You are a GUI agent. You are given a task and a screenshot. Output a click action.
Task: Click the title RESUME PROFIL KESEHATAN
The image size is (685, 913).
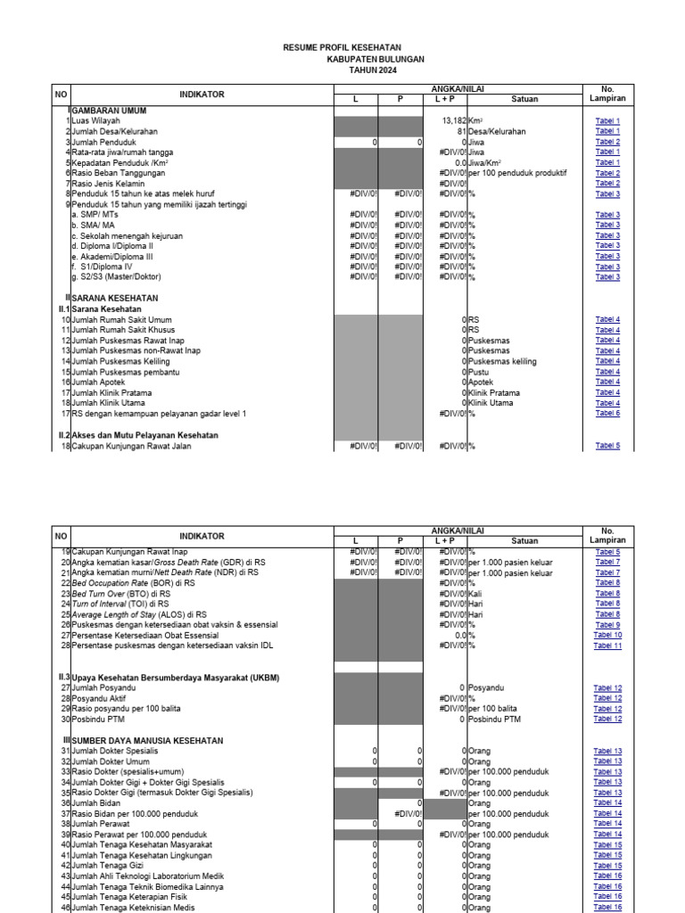click(342, 46)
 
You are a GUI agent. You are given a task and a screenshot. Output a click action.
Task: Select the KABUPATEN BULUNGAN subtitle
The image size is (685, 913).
click(376, 58)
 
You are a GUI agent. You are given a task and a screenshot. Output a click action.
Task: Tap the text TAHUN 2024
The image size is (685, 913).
click(373, 70)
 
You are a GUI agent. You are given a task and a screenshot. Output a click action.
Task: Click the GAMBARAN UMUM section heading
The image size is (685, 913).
click(109, 110)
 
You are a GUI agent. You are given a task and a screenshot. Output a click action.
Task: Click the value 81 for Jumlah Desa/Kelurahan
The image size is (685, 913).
click(461, 131)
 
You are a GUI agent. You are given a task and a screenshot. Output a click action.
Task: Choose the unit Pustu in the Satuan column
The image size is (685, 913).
click(480, 372)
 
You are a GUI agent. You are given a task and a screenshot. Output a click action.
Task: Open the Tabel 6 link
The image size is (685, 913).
click(607, 414)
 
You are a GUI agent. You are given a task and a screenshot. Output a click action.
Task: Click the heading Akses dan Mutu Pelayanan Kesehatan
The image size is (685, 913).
click(144, 434)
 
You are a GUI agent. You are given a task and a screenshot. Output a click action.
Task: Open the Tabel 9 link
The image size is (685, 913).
click(607, 625)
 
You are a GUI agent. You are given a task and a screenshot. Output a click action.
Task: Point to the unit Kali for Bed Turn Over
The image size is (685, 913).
click(476, 594)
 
